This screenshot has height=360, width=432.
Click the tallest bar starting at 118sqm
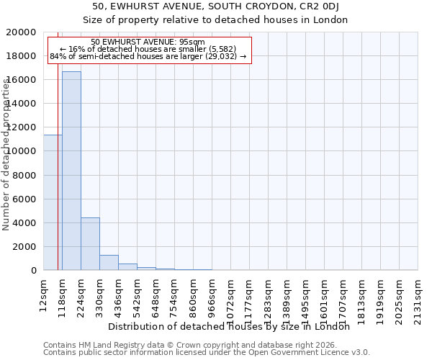[x=71, y=171]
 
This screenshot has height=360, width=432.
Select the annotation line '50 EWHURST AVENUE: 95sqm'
[x=149, y=42]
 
